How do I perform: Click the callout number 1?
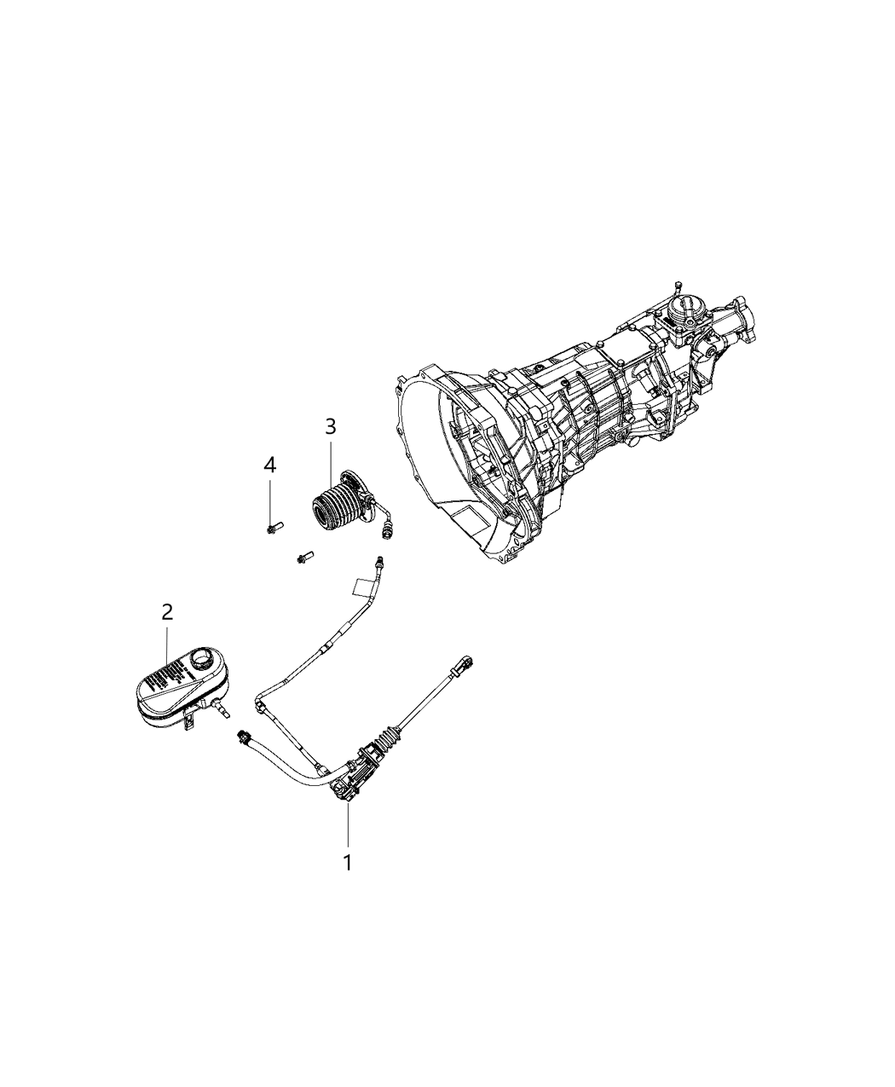click(347, 862)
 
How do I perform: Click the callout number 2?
click(167, 611)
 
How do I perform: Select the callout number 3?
click(330, 425)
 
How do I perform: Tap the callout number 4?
click(269, 465)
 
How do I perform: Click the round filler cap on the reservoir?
click(203, 659)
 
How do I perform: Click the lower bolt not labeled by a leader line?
click(304, 558)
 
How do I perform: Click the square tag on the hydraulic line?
click(361, 587)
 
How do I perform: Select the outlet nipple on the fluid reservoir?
click(224, 708)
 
